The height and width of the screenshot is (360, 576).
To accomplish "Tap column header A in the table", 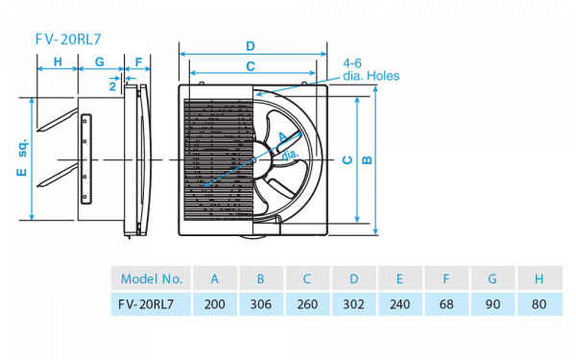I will [x=215, y=279].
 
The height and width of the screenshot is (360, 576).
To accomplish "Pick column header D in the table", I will [x=354, y=279].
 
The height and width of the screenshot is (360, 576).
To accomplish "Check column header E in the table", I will [x=400, y=279].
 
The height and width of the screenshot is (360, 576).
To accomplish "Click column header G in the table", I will [x=492, y=279].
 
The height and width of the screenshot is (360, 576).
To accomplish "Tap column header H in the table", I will [x=539, y=279].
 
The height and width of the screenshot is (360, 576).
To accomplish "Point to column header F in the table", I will [x=446, y=279].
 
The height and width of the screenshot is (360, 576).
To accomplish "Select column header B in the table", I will [x=261, y=279].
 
